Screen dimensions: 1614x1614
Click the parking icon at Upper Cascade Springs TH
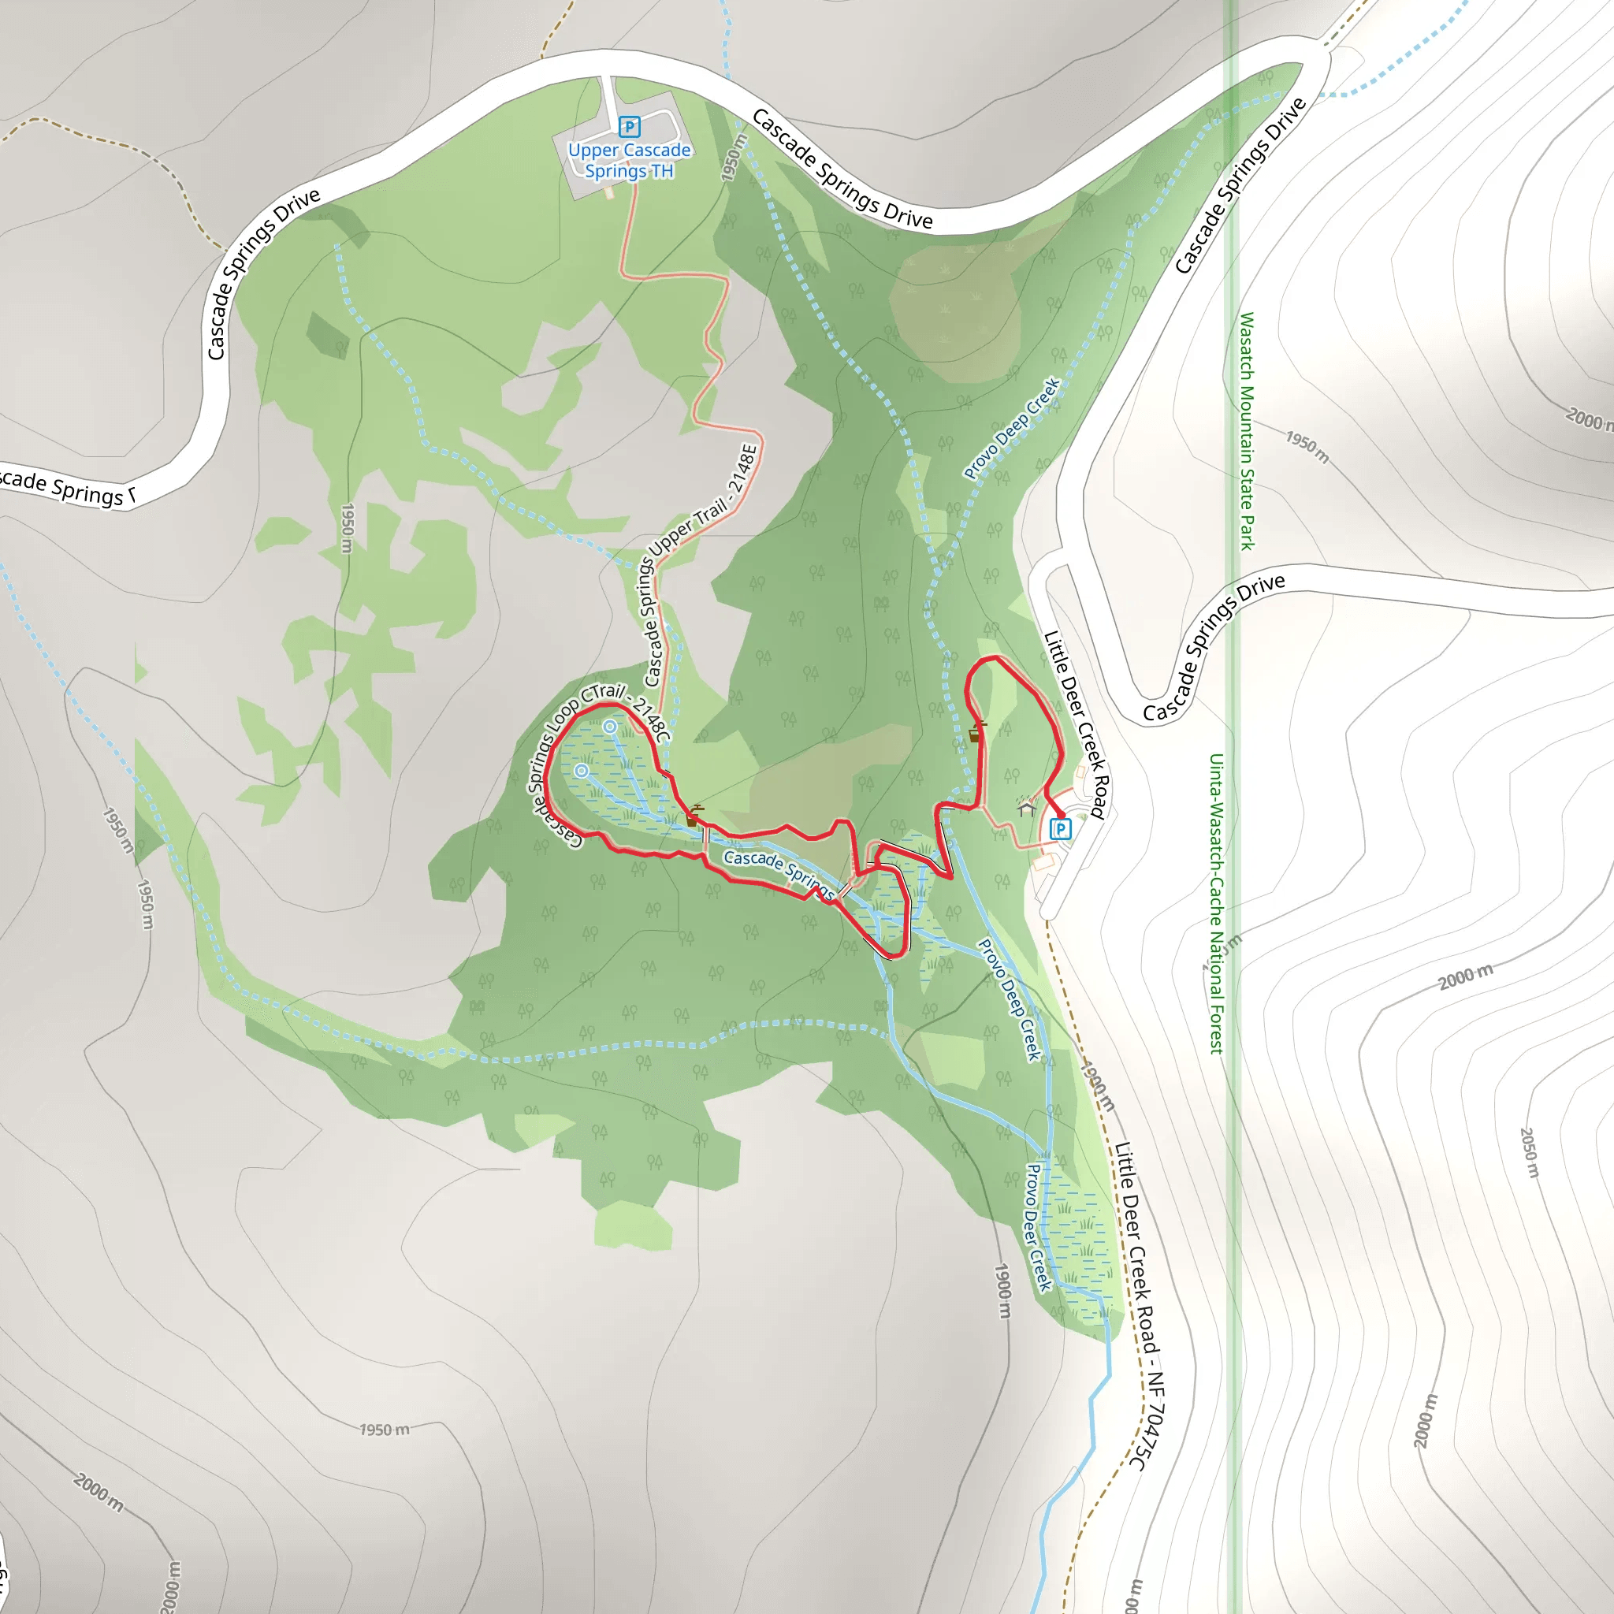[x=629, y=127]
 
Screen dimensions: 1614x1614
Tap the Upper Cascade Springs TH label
[x=629, y=161]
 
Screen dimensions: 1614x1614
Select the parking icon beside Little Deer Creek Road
[x=1060, y=829]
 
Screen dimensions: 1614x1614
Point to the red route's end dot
[x=1060, y=813]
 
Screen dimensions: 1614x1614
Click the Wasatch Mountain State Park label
[x=1247, y=431]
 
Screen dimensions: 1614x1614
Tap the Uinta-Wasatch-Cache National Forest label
[x=1216, y=903]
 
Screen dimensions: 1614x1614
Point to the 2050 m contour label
[x=1528, y=1153]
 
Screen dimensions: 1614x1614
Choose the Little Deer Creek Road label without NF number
[x=1075, y=723]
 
